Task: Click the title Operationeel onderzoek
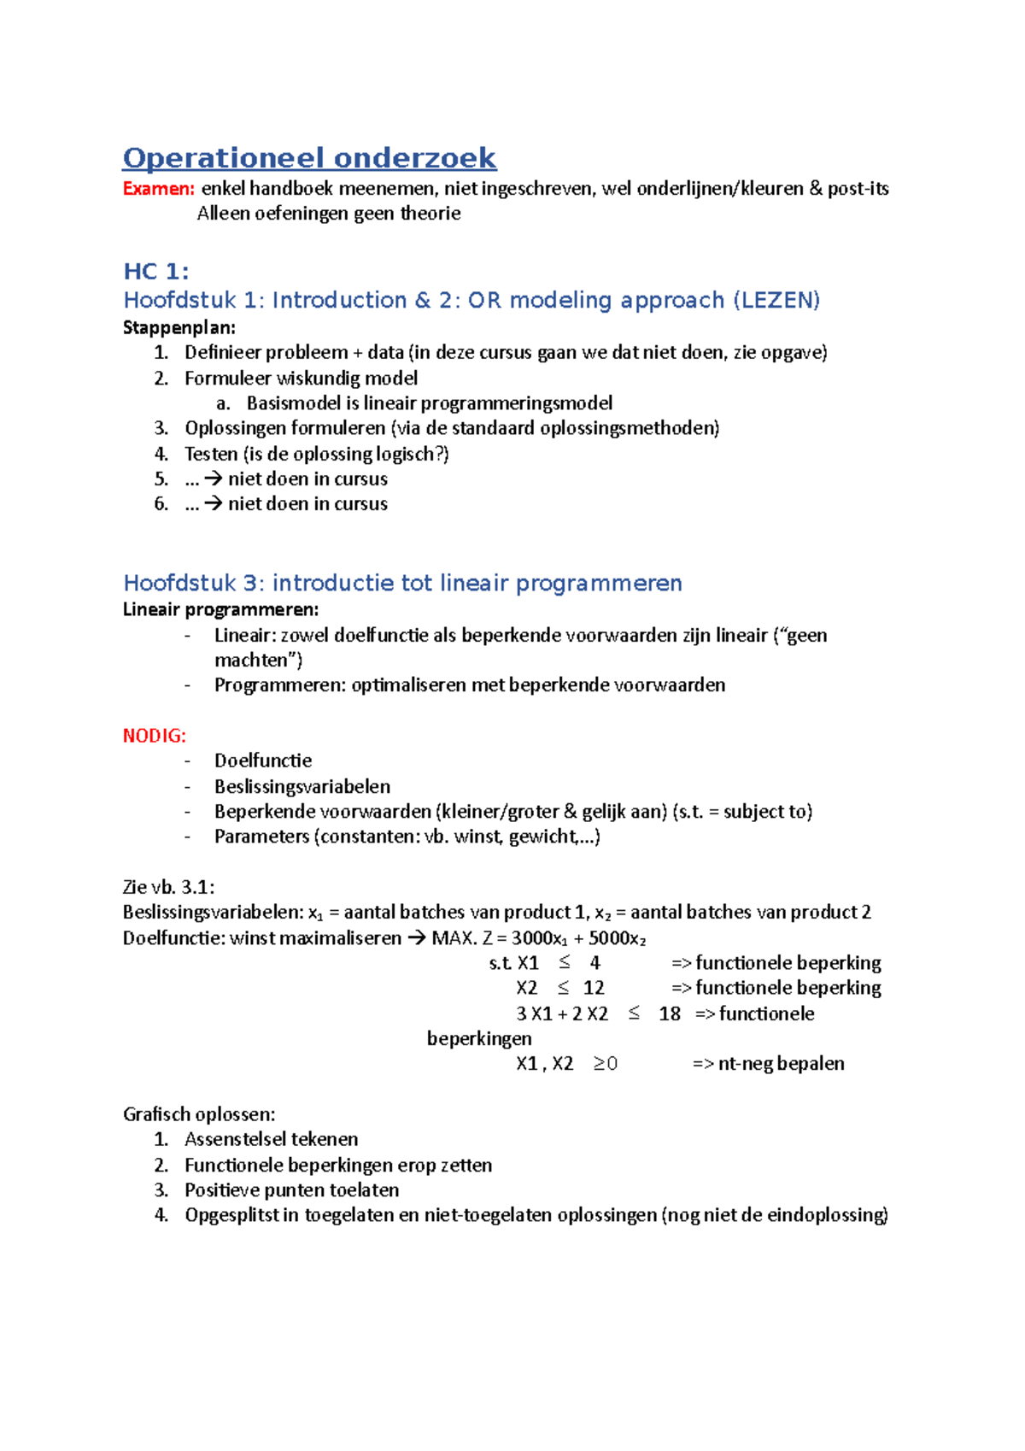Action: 309,158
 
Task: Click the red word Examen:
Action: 159,189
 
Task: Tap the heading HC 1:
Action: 156,272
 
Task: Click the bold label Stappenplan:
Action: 179,327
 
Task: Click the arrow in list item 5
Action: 213,479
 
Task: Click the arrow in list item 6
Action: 213,504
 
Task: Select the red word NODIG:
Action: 155,736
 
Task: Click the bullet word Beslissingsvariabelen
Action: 302,786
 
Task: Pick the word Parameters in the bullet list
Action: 261,837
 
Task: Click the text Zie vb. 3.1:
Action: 168,887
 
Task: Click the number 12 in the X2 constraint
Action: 594,988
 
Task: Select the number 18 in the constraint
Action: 670,1013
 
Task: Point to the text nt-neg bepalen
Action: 781,1064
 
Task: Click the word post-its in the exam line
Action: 858,189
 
